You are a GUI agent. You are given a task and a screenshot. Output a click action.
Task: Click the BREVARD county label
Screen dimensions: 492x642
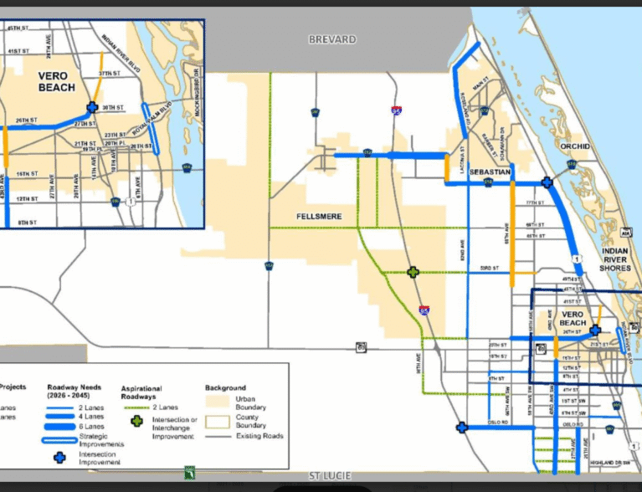tap(332, 39)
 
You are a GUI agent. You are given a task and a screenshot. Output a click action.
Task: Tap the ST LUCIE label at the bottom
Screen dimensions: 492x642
tap(328, 476)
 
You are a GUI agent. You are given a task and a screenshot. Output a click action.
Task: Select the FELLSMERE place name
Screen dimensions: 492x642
tap(320, 216)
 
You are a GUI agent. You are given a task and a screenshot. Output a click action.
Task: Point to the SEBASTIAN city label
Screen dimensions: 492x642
tap(490, 172)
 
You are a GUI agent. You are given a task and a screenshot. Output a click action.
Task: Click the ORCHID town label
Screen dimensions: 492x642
tap(575, 146)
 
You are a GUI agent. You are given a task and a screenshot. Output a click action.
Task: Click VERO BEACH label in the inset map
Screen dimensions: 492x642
tap(57, 81)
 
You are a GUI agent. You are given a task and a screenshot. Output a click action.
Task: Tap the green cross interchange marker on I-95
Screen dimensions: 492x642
tap(413, 272)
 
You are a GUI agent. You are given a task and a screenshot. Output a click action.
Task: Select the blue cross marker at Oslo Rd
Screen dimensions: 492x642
tap(461, 428)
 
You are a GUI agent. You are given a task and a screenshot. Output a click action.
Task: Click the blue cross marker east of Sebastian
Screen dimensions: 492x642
tap(547, 182)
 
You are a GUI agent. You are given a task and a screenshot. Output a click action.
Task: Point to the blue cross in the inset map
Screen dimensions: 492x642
tap(91, 107)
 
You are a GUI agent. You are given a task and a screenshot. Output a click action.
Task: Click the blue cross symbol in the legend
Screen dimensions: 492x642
tap(59, 458)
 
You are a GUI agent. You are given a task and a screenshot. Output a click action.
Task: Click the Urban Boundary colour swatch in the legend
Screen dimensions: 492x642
tap(218, 402)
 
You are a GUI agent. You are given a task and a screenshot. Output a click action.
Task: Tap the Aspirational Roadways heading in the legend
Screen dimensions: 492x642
tap(141, 392)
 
